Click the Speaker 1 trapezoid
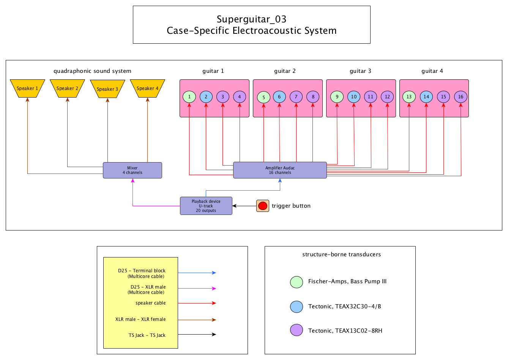[x=27, y=88]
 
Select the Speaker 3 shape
[x=107, y=89]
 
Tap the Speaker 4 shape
[x=147, y=88]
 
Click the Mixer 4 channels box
[x=133, y=170]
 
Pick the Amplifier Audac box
[x=280, y=170]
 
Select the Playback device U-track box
[x=206, y=206]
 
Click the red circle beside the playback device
[x=263, y=206]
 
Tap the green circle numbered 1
[x=189, y=97]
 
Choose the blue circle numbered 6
[x=279, y=97]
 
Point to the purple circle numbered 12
[x=387, y=97]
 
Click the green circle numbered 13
[x=409, y=97]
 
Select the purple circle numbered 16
[x=461, y=97]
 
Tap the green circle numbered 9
[x=337, y=97]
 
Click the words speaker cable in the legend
[x=150, y=303]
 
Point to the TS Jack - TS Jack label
[x=147, y=335]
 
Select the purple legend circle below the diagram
[x=297, y=330]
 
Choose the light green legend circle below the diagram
[x=297, y=282]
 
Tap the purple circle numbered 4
[x=240, y=97]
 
